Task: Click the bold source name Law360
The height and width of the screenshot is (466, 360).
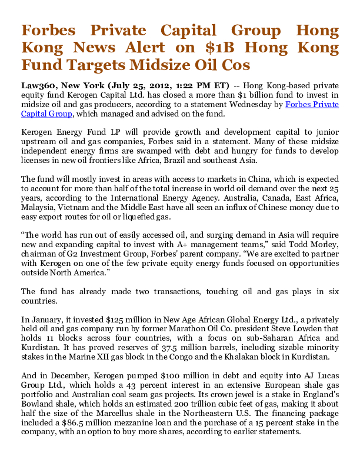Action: coord(36,85)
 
